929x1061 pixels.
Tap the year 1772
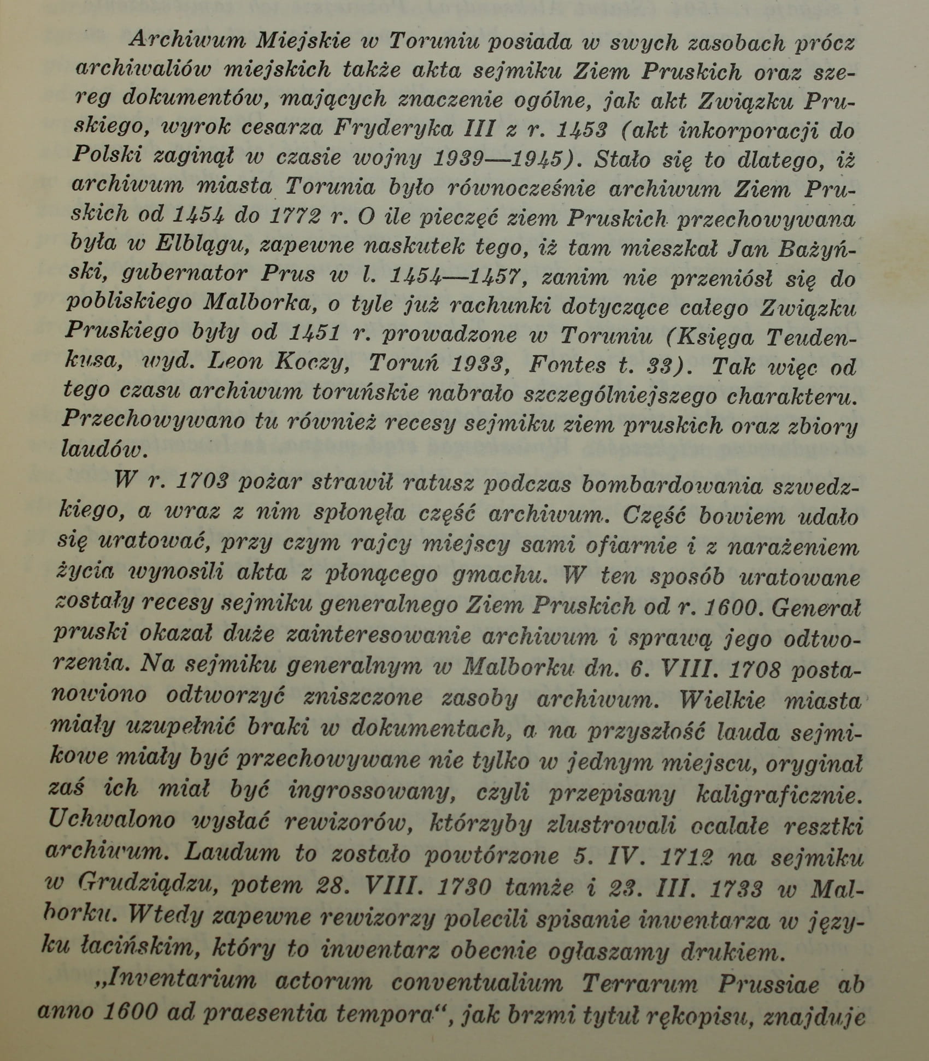[295, 217]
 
